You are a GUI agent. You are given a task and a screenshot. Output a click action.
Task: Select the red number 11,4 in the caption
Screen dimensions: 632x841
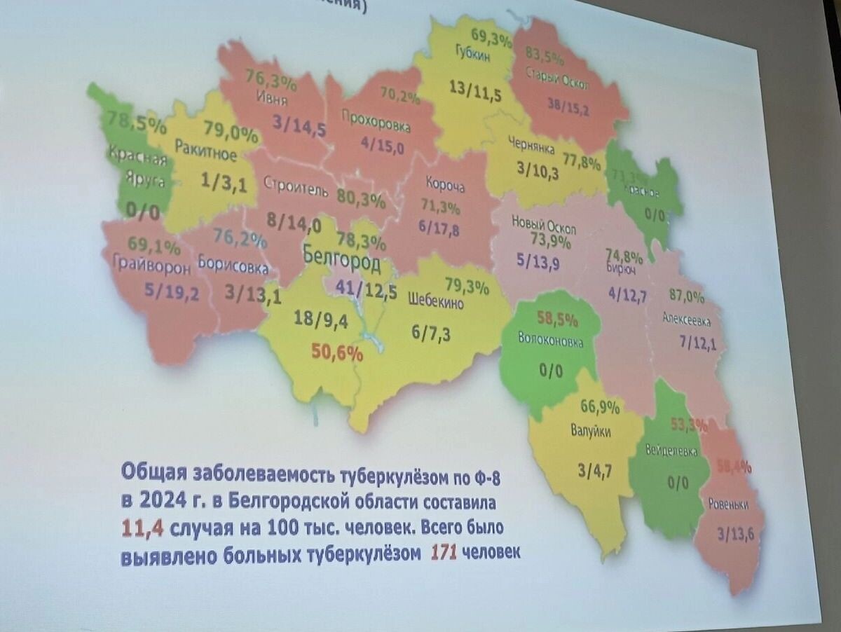click(142, 529)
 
